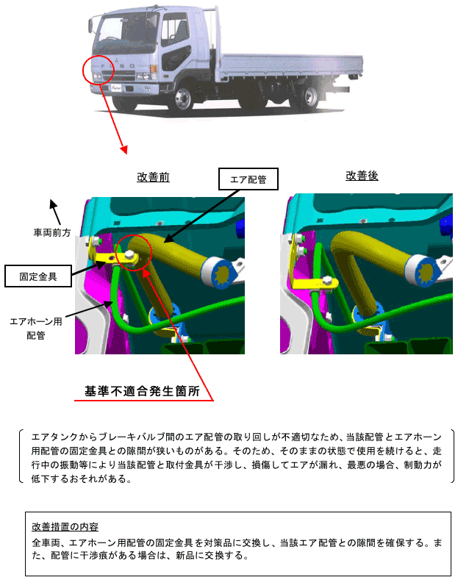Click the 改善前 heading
tap(153, 177)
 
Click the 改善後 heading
tap(362, 176)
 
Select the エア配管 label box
tap(248, 179)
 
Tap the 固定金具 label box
tap(38, 276)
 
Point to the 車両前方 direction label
tap(52, 232)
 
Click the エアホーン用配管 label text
tap(36, 329)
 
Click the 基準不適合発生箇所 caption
tap(143, 391)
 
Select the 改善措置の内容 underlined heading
tap(65, 527)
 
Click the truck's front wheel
tap(183, 99)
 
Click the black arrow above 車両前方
tap(55, 212)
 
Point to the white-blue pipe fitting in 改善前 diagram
tap(221, 273)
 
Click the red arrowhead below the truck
tap(125, 149)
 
